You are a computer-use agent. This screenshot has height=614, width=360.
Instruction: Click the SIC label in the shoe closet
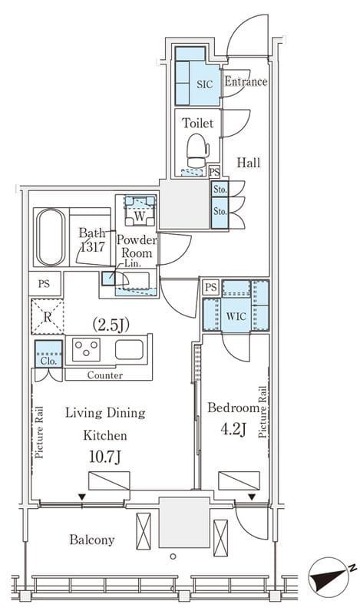pos(204,84)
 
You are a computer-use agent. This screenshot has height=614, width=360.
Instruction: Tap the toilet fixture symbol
pos(197,150)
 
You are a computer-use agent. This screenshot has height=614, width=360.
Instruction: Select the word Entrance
pos(246,81)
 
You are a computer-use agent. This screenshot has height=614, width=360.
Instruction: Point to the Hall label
pos(249,163)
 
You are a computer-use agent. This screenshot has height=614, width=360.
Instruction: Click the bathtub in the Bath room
pos(51,237)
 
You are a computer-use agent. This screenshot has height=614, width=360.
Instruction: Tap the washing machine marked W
pos(140,212)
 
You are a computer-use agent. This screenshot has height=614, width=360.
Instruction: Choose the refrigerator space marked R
pos(47,316)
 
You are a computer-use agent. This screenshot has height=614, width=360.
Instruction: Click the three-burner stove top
pos(86,349)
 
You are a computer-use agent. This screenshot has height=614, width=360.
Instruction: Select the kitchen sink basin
pos(129,349)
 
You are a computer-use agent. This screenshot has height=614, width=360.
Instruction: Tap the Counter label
pos(104,375)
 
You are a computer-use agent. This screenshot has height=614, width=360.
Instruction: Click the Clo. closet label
pos(48,361)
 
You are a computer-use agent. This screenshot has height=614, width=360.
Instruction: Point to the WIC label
pos(236,315)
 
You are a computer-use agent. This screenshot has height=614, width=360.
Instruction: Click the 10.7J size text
pos(105,457)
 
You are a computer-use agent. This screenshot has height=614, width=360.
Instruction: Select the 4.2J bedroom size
pos(234,430)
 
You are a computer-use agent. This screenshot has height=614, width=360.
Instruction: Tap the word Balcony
pos(92,540)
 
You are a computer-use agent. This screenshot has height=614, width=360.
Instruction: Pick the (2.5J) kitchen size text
pos(111,325)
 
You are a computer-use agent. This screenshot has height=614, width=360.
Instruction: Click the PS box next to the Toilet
pos(214,171)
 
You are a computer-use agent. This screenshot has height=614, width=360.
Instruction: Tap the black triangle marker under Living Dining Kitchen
pos(82,497)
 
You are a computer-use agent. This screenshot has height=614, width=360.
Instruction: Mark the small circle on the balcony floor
pos(173,556)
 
